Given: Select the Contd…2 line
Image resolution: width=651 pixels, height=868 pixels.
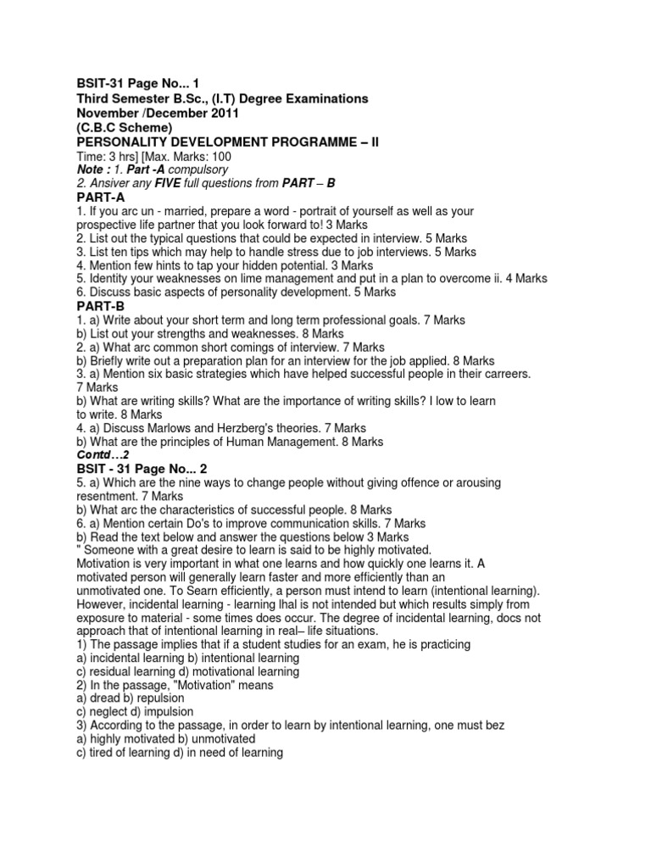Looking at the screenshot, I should pyautogui.click(x=103, y=455).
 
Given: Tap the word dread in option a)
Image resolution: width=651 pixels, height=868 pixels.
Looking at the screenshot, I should pyautogui.click(x=106, y=698).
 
